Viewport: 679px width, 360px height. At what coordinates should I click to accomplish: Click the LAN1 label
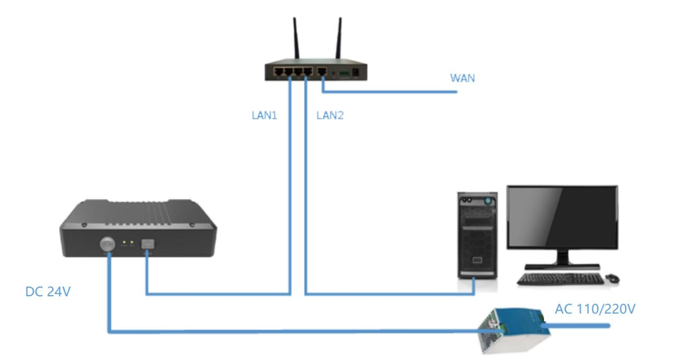[264, 115]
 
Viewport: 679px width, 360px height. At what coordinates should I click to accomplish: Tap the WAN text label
[462, 78]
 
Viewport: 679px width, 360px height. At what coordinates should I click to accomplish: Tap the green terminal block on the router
[343, 71]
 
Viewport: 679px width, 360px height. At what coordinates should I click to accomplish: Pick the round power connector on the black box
[107, 245]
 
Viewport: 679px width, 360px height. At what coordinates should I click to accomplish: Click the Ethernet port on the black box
[146, 244]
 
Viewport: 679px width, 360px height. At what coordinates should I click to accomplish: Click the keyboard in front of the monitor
[560, 279]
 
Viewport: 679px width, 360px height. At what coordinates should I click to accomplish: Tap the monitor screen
[562, 216]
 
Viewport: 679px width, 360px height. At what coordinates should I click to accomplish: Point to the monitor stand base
[562, 266]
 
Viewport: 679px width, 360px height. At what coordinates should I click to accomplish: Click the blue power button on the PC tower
[487, 200]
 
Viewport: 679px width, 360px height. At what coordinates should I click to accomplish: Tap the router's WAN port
[322, 71]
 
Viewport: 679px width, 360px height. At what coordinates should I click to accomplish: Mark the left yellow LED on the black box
[124, 243]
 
